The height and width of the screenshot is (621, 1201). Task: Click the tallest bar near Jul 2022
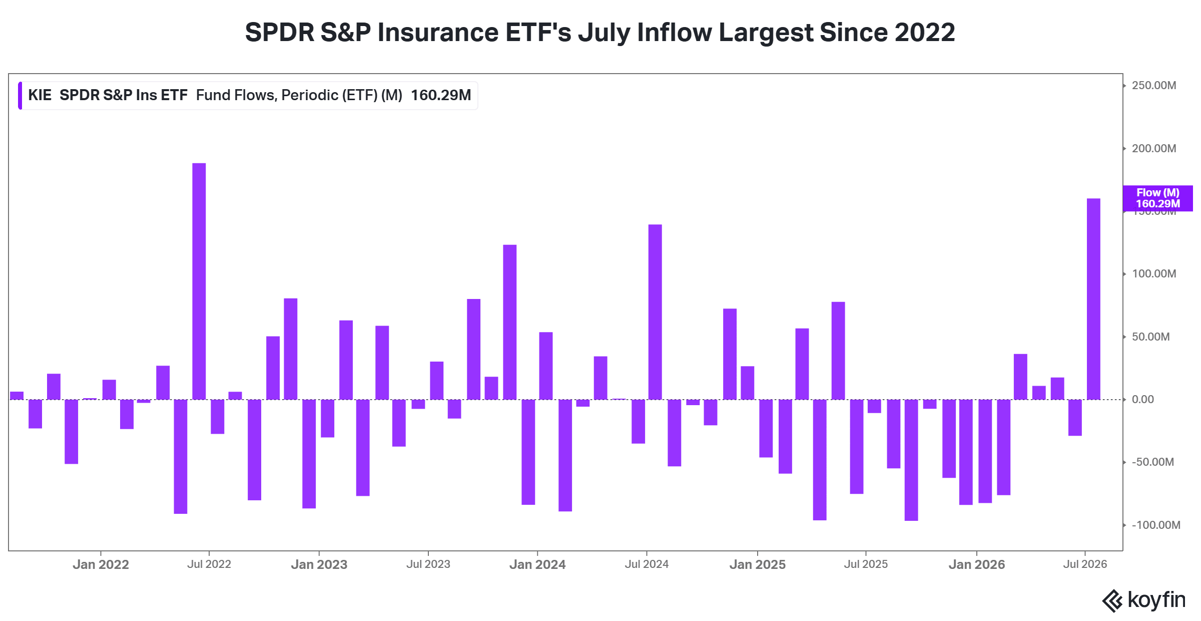199,281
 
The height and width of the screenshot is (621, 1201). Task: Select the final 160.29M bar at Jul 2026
1093,299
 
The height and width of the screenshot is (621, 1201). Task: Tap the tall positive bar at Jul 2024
655,312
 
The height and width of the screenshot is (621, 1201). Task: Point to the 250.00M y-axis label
1154,86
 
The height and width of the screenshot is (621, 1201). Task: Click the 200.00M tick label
1154,149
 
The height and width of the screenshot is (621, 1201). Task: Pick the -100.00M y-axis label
1156,525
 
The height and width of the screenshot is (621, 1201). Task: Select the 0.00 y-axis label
1143,400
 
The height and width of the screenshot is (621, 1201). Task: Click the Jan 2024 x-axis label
537,564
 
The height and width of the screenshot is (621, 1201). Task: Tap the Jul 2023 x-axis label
428,564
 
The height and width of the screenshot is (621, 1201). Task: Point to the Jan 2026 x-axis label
977,564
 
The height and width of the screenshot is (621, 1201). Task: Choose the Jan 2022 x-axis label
101,564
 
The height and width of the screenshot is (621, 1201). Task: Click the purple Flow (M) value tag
1157,198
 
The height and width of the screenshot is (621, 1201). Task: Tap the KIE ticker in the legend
40,95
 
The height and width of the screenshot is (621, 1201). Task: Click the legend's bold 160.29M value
441,95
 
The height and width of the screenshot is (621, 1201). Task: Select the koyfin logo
1144,600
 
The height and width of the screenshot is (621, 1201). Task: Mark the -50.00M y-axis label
1153,462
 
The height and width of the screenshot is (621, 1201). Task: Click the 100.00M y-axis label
1154,274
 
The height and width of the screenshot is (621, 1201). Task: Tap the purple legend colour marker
20,95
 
